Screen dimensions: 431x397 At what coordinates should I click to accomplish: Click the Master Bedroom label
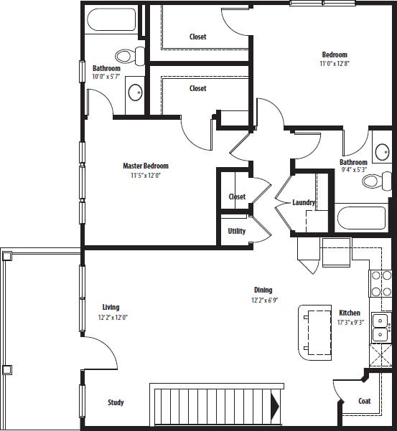point(146,166)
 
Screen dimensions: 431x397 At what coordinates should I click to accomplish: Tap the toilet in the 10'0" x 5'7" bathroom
point(126,56)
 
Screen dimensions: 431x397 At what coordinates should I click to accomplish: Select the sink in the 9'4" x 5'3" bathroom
point(382,153)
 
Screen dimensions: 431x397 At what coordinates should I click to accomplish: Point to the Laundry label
point(304,202)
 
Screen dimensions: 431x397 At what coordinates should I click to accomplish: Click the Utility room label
point(237,231)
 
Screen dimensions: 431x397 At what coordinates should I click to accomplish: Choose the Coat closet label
point(365,401)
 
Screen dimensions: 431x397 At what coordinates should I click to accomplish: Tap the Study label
point(116,402)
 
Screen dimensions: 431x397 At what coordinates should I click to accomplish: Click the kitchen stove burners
point(380,283)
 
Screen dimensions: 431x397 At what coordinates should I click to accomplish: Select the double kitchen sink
point(380,326)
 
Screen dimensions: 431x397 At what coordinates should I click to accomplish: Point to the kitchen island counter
point(314,331)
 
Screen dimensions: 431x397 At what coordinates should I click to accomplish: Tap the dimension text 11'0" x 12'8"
point(334,64)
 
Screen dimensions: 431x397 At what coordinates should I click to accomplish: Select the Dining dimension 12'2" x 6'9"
point(263,300)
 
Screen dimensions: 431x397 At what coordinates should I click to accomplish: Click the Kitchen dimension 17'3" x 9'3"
point(350,322)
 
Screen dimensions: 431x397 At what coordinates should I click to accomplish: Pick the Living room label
point(111,307)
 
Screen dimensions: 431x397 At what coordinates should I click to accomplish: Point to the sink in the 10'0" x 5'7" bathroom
point(135,92)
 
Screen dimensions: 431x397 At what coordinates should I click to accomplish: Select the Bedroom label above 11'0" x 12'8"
point(335,55)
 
